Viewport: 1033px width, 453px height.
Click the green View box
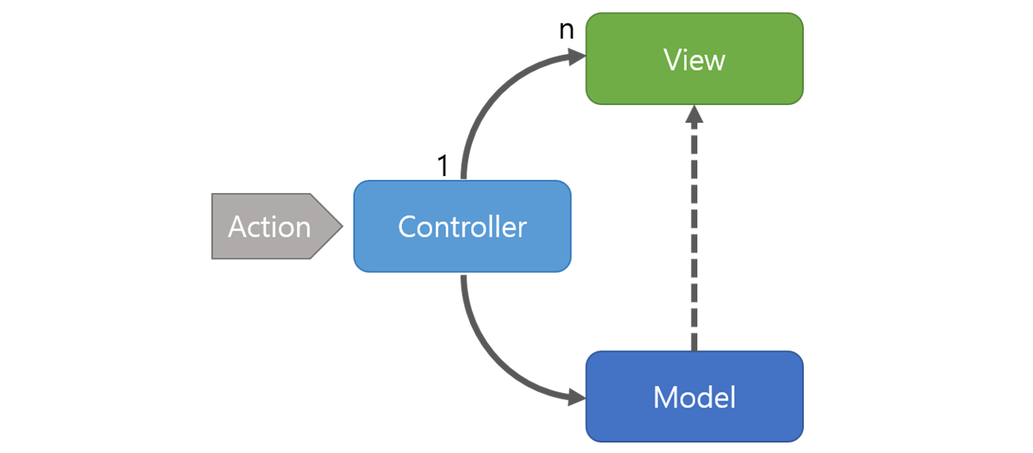[695, 59]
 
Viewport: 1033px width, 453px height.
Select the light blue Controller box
[462, 226]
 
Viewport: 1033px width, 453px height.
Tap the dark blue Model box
[695, 396]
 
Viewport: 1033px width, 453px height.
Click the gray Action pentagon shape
[277, 226]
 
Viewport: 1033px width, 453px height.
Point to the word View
[695, 60]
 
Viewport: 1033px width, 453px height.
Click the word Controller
[462, 226]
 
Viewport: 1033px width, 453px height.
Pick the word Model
[695, 397]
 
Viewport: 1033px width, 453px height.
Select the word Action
[270, 226]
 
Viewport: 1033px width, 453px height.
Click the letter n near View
[567, 30]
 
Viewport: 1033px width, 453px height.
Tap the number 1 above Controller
[443, 166]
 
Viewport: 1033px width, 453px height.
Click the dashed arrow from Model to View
[695, 229]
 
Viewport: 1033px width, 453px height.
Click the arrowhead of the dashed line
[695, 115]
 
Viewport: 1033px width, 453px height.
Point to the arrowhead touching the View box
[577, 57]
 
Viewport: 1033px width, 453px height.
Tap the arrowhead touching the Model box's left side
[577, 397]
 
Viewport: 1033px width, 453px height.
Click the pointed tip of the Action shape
[343, 226]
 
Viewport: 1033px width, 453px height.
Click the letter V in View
[673, 60]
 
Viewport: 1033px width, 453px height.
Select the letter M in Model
[666, 397]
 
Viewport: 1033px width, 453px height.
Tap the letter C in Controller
[408, 226]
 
